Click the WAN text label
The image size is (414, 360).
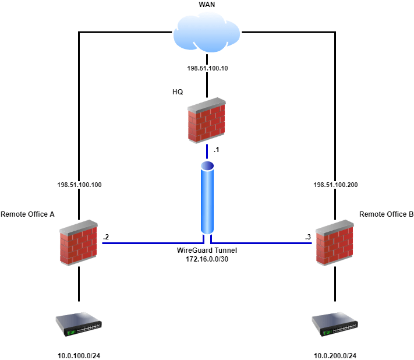pos(207,5)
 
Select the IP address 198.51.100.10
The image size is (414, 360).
pos(207,68)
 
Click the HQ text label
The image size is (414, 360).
pos(178,92)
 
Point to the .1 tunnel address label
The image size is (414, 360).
pos(217,150)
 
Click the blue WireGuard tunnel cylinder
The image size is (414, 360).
pos(207,197)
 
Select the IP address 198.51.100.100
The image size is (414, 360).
pos(79,185)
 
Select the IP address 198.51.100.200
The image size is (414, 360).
pos(335,185)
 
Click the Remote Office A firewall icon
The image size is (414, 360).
pos(79,243)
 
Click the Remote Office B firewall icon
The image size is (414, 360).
pos(335,243)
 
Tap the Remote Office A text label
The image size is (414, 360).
pos(27,214)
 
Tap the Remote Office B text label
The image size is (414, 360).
pos(386,214)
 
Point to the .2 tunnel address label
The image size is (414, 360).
pos(106,237)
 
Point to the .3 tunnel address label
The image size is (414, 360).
pos(308,237)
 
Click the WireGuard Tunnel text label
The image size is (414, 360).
pos(207,250)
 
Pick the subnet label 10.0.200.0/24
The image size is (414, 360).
pos(335,355)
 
